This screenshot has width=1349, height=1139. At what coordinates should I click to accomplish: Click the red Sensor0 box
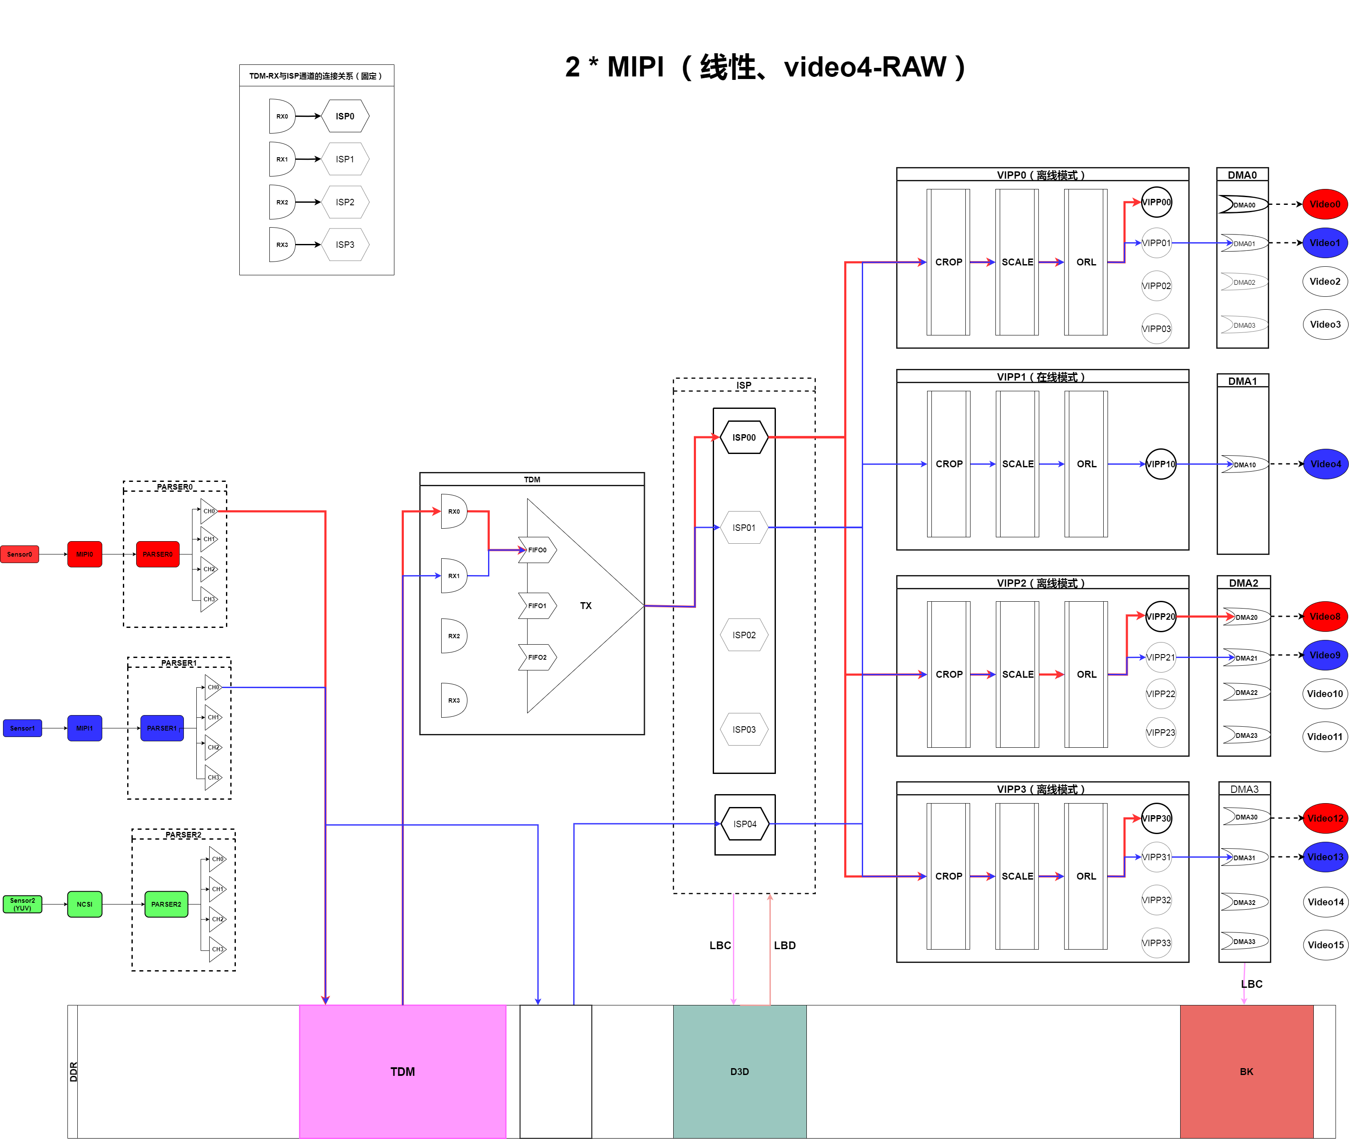19,554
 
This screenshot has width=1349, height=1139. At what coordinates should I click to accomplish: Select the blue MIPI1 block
85,728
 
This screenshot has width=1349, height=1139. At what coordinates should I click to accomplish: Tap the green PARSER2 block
166,904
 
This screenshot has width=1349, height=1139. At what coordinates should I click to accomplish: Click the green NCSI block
85,904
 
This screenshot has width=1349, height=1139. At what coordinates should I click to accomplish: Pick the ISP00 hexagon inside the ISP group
744,437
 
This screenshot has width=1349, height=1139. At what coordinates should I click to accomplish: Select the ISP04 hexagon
745,824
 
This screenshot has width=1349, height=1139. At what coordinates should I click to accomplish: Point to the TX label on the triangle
586,606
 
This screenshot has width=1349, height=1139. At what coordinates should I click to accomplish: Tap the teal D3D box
739,1071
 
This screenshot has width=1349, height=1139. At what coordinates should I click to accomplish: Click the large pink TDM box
402,1071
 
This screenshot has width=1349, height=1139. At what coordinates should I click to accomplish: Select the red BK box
1246,1071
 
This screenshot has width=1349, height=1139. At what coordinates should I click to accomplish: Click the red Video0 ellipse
1325,204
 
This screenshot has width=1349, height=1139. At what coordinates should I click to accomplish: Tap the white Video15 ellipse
1325,944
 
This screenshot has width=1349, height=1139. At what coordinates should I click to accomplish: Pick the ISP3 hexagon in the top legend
345,245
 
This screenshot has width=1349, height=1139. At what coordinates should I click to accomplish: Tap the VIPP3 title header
1042,789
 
